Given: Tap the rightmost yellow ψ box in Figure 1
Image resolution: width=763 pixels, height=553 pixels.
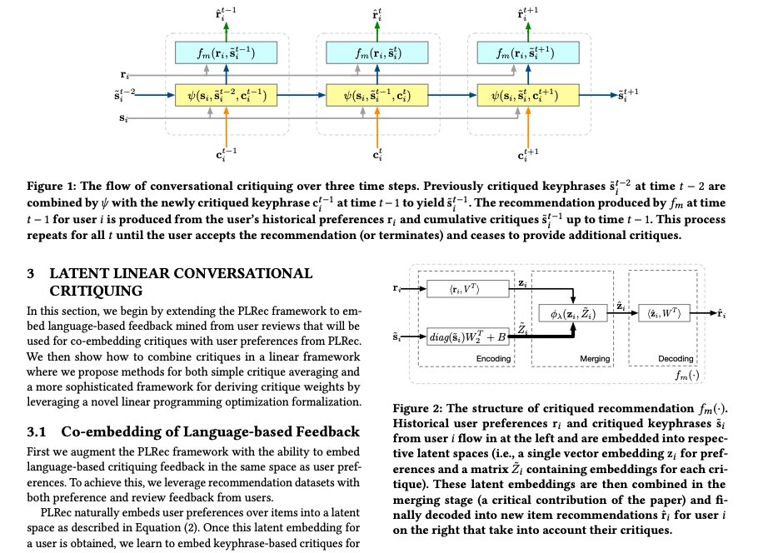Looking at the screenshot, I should coord(526,95).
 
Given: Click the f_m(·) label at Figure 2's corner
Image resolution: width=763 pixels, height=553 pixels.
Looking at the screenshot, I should coord(690,376).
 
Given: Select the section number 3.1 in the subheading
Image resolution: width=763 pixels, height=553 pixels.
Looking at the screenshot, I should coord(40,431).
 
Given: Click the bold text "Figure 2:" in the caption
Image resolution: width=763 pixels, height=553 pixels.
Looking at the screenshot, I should coord(418,408).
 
